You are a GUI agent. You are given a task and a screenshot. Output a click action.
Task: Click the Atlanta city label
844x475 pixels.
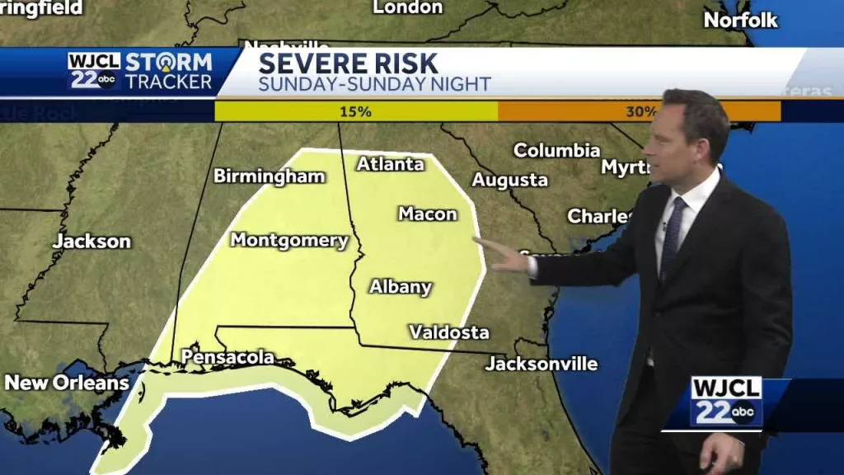pyautogui.click(x=390, y=164)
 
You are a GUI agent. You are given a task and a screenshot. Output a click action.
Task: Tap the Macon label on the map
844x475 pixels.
pyautogui.click(x=427, y=214)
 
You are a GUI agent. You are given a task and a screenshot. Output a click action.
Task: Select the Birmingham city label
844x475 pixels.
pyautogui.click(x=269, y=176)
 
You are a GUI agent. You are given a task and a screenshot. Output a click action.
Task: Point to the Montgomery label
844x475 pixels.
pyautogui.click(x=289, y=240)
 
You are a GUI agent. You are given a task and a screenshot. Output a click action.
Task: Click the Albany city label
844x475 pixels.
pyautogui.click(x=401, y=287)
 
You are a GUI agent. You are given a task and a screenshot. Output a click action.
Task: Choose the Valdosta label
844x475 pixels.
pyautogui.click(x=449, y=332)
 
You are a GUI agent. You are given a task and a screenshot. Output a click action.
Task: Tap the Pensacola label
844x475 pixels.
pyautogui.click(x=227, y=357)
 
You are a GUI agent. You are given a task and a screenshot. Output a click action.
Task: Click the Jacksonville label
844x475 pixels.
pyautogui.click(x=541, y=363)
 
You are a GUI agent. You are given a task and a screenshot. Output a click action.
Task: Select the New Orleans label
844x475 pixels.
pyautogui.click(x=67, y=383)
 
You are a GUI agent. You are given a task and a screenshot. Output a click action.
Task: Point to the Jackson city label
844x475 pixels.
pyautogui.click(x=91, y=242)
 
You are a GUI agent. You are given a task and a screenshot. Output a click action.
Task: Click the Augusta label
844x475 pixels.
pyautogui.click(x=510, y=180)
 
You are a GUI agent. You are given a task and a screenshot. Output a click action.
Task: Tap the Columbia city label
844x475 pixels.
pyautogui.click(x=556, y=150)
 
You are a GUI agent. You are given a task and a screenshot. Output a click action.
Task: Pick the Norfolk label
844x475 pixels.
pyautogui.click(x=741, y=21)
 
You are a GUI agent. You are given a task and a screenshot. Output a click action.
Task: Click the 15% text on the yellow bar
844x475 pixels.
pyautogui.click(x=356, y=111)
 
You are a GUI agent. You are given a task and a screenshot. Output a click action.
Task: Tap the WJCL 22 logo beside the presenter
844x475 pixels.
pyautogui.click(x=725, y=402)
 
